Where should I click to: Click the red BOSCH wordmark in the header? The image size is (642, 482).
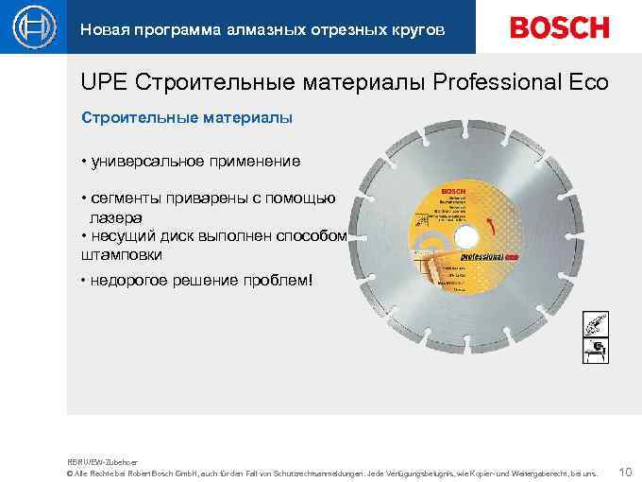pos(560,27)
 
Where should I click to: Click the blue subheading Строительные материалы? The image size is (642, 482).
pos(187,118)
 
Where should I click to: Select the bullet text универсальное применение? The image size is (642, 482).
pos(194,161)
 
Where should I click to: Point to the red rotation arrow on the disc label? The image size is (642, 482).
pos(490,225)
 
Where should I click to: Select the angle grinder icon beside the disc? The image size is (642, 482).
pos(595,326)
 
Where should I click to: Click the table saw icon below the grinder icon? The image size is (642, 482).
pos(595,353)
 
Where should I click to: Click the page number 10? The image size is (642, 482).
pos(624,470)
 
